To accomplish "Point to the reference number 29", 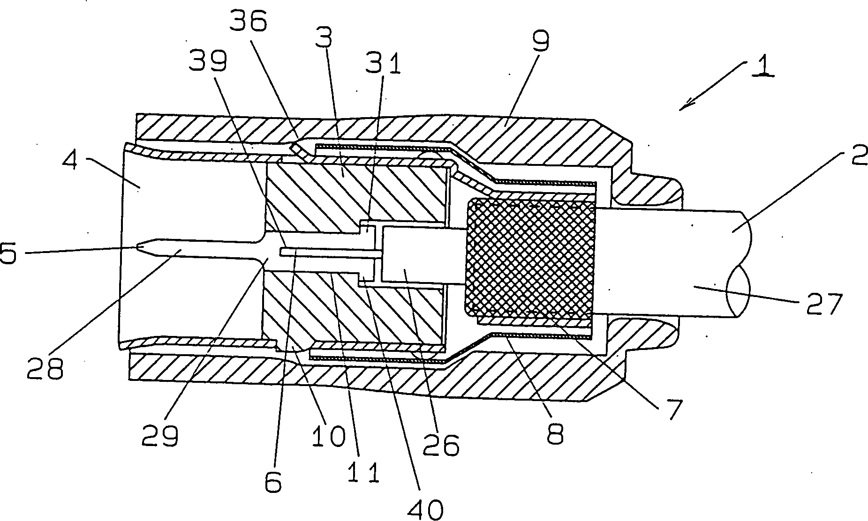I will coord(160,436).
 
